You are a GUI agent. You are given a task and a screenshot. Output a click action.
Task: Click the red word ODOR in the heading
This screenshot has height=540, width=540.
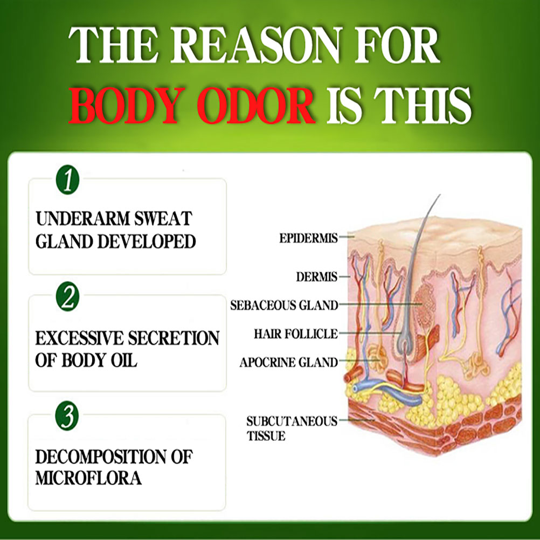[256, 106]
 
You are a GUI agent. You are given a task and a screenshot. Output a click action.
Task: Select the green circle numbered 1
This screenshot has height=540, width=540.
[67, 179]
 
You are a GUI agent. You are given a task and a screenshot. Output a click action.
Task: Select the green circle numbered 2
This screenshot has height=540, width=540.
[67, 296]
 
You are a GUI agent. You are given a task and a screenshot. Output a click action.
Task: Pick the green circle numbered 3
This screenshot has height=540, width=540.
[67, 416]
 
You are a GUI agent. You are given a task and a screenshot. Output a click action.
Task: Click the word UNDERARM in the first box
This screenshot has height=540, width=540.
[82, 219]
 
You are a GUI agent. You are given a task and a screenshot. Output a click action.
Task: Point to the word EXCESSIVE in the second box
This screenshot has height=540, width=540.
[80, 338]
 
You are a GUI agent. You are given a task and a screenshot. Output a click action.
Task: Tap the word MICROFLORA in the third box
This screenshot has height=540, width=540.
[88, 478]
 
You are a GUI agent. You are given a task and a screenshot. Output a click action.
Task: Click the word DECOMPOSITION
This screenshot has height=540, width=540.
[101, 456]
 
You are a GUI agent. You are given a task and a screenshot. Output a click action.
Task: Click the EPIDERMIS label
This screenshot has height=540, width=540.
[309, 238]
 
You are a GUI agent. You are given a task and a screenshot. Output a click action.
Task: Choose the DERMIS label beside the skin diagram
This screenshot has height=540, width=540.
[317, 277]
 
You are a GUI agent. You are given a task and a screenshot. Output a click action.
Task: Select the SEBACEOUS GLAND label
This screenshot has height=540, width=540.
[284, 306]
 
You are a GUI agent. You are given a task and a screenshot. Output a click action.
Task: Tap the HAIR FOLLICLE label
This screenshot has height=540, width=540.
[296, 334]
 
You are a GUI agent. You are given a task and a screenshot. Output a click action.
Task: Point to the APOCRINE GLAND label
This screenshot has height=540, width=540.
[289, 362]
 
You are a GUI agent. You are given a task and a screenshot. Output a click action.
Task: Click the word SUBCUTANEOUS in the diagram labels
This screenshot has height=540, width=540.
[292, 421]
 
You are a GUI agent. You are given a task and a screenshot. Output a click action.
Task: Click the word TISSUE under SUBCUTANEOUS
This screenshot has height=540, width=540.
[266, 436]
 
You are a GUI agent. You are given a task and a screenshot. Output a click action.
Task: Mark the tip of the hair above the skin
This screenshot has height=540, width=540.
[440, 195]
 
